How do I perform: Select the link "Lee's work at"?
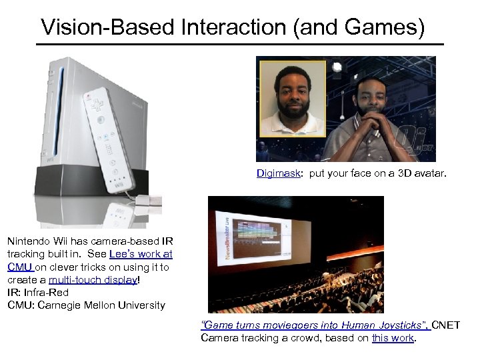pyautogui.click(x=141, y=254)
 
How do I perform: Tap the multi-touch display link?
pyautogui.click(x=93, y=279)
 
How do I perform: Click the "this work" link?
pyautogui.click(x=393, y=338)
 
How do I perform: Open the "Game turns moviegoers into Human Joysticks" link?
pyautogui.click(x=315, y=325)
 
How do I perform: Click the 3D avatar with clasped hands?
pyautogui.click(x=376, y=113)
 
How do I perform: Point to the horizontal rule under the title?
pyautogui.click(x=240, y=44)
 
